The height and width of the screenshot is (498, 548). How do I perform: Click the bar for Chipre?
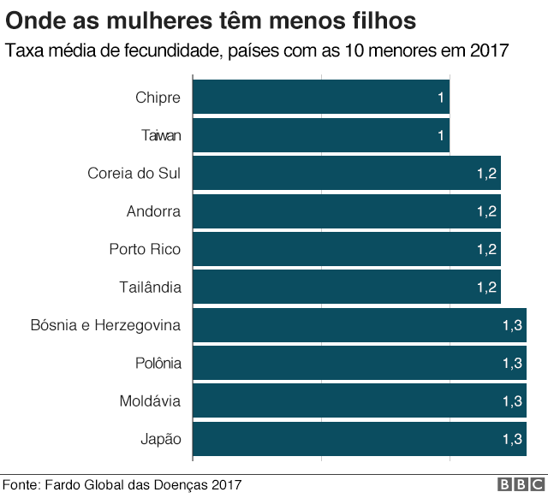click(321, 98)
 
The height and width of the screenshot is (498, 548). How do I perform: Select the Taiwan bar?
click(321, 135)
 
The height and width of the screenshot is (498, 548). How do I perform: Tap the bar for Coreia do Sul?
click(347, 173)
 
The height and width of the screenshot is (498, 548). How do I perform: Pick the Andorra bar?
click(347, 210)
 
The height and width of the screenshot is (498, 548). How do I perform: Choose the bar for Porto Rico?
click(347, 249)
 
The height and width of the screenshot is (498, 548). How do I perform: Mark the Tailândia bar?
click(347, 287)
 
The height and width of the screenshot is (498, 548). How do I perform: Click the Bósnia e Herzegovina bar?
click(360, 325)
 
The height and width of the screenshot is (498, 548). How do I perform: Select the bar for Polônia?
click(360, 363)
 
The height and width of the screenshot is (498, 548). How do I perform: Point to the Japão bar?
click(360, 439)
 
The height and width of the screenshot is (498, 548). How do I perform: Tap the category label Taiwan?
click(161, 135)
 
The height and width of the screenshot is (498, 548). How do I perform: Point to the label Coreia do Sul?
click(134, 173)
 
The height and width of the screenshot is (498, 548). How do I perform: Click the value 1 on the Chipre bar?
click(441, 98)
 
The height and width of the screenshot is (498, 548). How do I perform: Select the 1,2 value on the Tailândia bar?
click(486, 287)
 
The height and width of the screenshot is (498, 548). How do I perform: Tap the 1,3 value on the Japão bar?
click(512, 439)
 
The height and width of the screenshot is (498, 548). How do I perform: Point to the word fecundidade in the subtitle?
click(170, 50)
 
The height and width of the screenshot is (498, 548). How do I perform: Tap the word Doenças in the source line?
click(177, 485)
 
